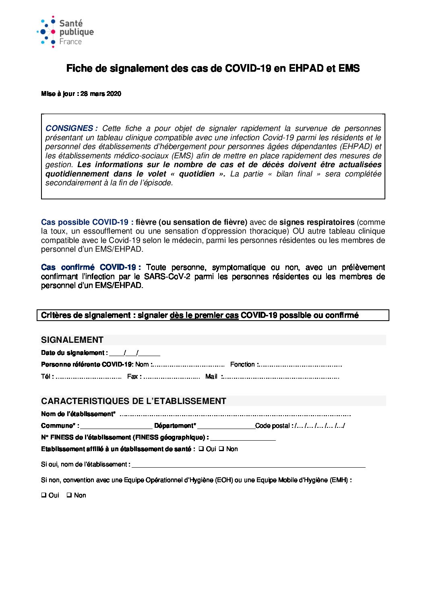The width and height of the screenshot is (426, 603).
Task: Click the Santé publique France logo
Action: point(65,32)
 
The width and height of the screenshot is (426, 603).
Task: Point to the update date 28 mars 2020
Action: point(101,94)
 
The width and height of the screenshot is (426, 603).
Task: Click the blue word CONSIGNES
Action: point(69,128)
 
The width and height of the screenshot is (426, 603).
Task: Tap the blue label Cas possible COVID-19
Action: point(87,222)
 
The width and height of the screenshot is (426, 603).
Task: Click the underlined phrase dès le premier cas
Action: point(204,315)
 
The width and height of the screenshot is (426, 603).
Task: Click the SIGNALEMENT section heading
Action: point(72,340)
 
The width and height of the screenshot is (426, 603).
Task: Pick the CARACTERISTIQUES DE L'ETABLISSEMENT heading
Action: point(133,401)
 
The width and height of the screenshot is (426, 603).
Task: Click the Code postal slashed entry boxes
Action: point(320,426)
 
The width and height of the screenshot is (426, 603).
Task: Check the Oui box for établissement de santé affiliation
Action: point(201,449)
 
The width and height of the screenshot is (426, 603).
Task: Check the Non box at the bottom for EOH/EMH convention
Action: point(69,495)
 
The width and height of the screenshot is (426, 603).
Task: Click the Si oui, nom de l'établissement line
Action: point(248,465)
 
